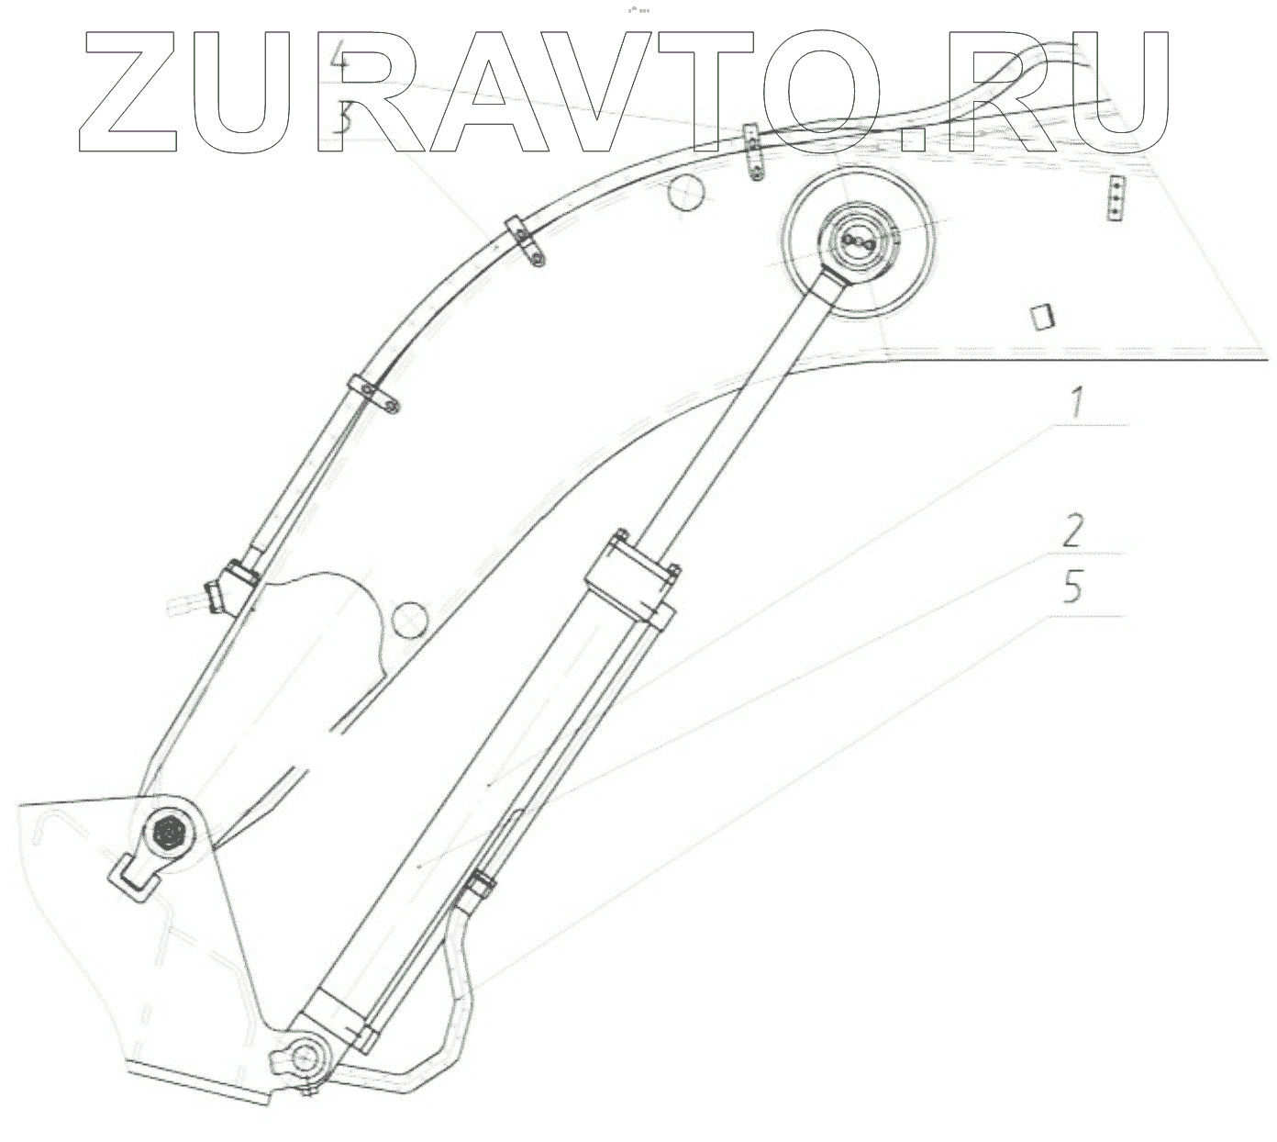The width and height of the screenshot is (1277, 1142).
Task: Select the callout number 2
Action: pos(1072,531)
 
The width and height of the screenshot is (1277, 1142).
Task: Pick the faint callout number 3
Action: pos(341,119)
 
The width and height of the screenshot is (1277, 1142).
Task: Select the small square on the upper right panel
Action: pos(1041,318)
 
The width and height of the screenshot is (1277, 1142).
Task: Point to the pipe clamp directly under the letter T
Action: pos(753,152)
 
